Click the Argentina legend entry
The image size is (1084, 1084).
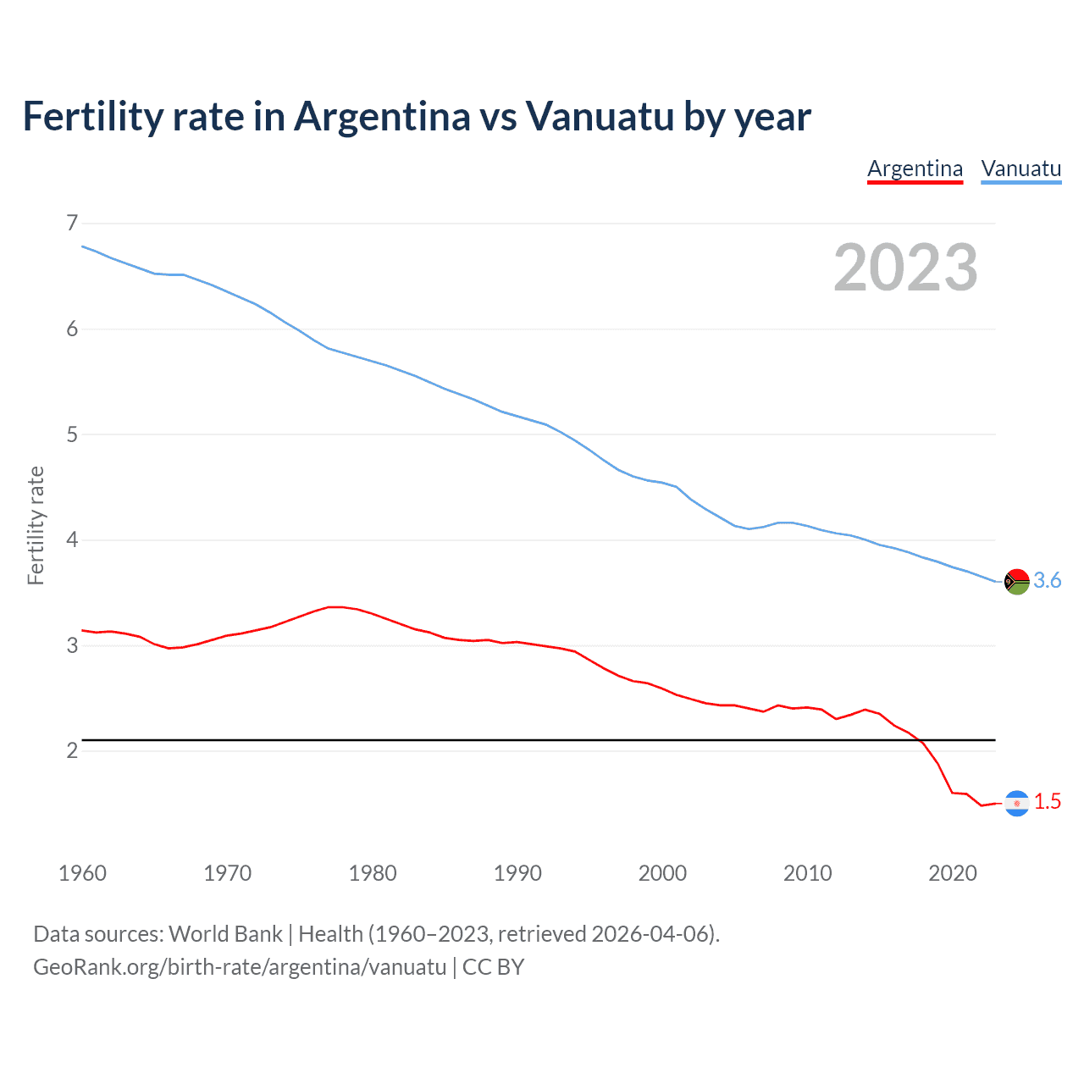click(x=915, y=169)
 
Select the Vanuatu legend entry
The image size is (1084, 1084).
click(x=1020, y=169)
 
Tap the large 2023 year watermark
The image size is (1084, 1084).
click(x=905, y=268)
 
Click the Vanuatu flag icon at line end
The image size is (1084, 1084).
click(x=1016, y=582)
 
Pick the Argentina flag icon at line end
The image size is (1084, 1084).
click(x=1016, y=803)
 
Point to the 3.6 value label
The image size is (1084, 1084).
click(x=1048, y=581)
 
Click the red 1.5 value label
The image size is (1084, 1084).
click(x=1048, y=802)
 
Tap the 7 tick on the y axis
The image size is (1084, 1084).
click(x=72, y=223)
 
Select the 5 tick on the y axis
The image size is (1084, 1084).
click(x=72, y=434)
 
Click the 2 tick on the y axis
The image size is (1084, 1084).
click(x=72, y=750)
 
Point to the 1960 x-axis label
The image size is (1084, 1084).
click(x=82, y=873)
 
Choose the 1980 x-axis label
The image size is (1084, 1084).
click(x=372, y=873)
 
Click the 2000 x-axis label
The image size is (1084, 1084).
click(x=662, y=873)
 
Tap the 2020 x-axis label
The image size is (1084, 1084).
click(x=953, y=873)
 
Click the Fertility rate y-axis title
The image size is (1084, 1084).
click(x=36, y=525)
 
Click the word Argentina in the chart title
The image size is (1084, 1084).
click(x=382, y=117)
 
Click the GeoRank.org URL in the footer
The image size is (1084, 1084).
click(x=240, y=967)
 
